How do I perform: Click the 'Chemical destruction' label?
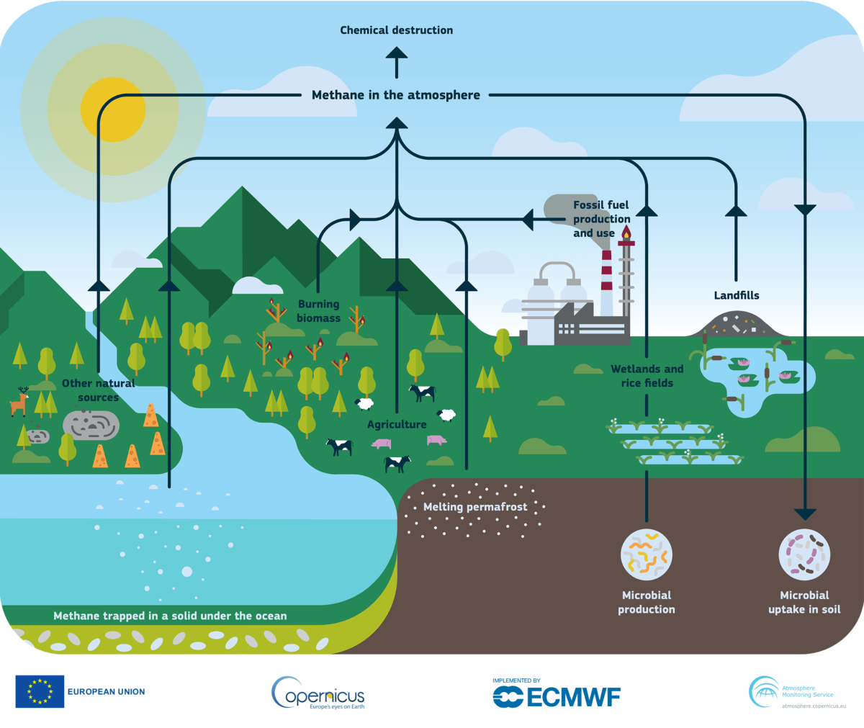(397, 30)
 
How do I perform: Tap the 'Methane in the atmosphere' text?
(396, 95)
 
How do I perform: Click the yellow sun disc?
(113, 109)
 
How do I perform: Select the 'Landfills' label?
(737, 295)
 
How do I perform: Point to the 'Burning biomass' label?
(319, 311)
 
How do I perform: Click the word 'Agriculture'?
(397, 425)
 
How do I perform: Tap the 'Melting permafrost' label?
(475, 507)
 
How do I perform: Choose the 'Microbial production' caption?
(647, 603)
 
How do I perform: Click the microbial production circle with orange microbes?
(647, 554)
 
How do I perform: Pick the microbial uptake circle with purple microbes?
(804, 554)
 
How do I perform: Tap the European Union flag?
(40, 691)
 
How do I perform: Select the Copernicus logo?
(318, 693)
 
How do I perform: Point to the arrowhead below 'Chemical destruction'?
(397, 52)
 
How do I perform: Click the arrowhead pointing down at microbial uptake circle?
(805, 514)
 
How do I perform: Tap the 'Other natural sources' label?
(99, 390)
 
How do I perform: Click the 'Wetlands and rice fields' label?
(647, 376)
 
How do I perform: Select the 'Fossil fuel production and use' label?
(602, 219)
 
